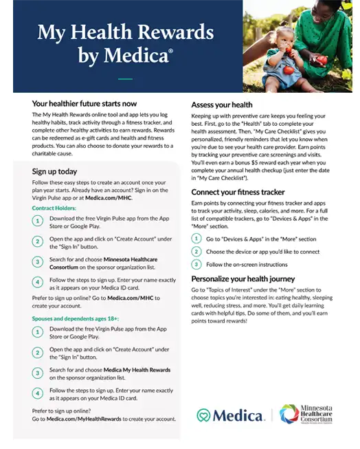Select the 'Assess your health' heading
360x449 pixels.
coord(222,105)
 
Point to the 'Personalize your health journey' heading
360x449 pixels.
coord(243,279)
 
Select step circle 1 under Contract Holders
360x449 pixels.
coord(38,221)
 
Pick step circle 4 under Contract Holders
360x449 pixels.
coord(38,282)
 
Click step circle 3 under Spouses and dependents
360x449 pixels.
coord(38,373)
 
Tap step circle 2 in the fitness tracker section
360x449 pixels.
coord(197,252)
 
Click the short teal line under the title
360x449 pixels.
coord(124,78)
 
